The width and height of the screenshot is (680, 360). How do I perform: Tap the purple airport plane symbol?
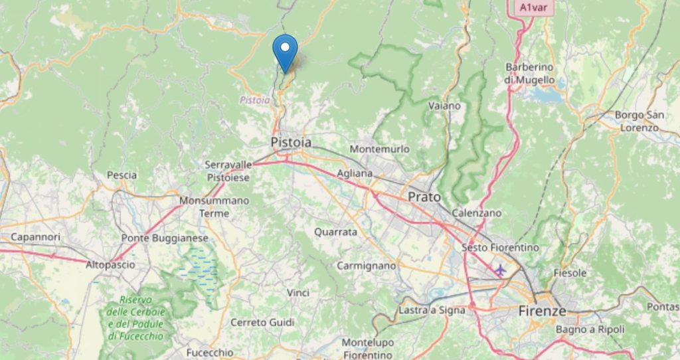[499, 270]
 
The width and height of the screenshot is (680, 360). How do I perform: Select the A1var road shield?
[533, 7]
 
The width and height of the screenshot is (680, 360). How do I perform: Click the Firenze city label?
[542, 311]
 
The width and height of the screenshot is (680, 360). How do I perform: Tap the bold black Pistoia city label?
[291, 142]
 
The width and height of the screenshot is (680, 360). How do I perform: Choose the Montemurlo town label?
[379, 149]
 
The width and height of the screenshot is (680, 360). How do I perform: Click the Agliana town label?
[356, 173]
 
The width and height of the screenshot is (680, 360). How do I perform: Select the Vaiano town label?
[444, 106]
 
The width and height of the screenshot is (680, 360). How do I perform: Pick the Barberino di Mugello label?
[529, 73]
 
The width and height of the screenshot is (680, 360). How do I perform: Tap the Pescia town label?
[122, 175]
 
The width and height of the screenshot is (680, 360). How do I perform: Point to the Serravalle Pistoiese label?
[228, 171]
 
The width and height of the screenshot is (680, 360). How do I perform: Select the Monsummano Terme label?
[214, 207]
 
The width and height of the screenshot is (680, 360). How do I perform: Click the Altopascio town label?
[110, 264]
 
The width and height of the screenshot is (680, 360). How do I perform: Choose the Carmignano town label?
[366, 266]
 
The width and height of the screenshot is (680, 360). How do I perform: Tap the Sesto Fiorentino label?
[500, 247]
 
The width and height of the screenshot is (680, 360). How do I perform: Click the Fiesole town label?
[570, 273]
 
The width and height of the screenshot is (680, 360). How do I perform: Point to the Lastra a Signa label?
[429, 310]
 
